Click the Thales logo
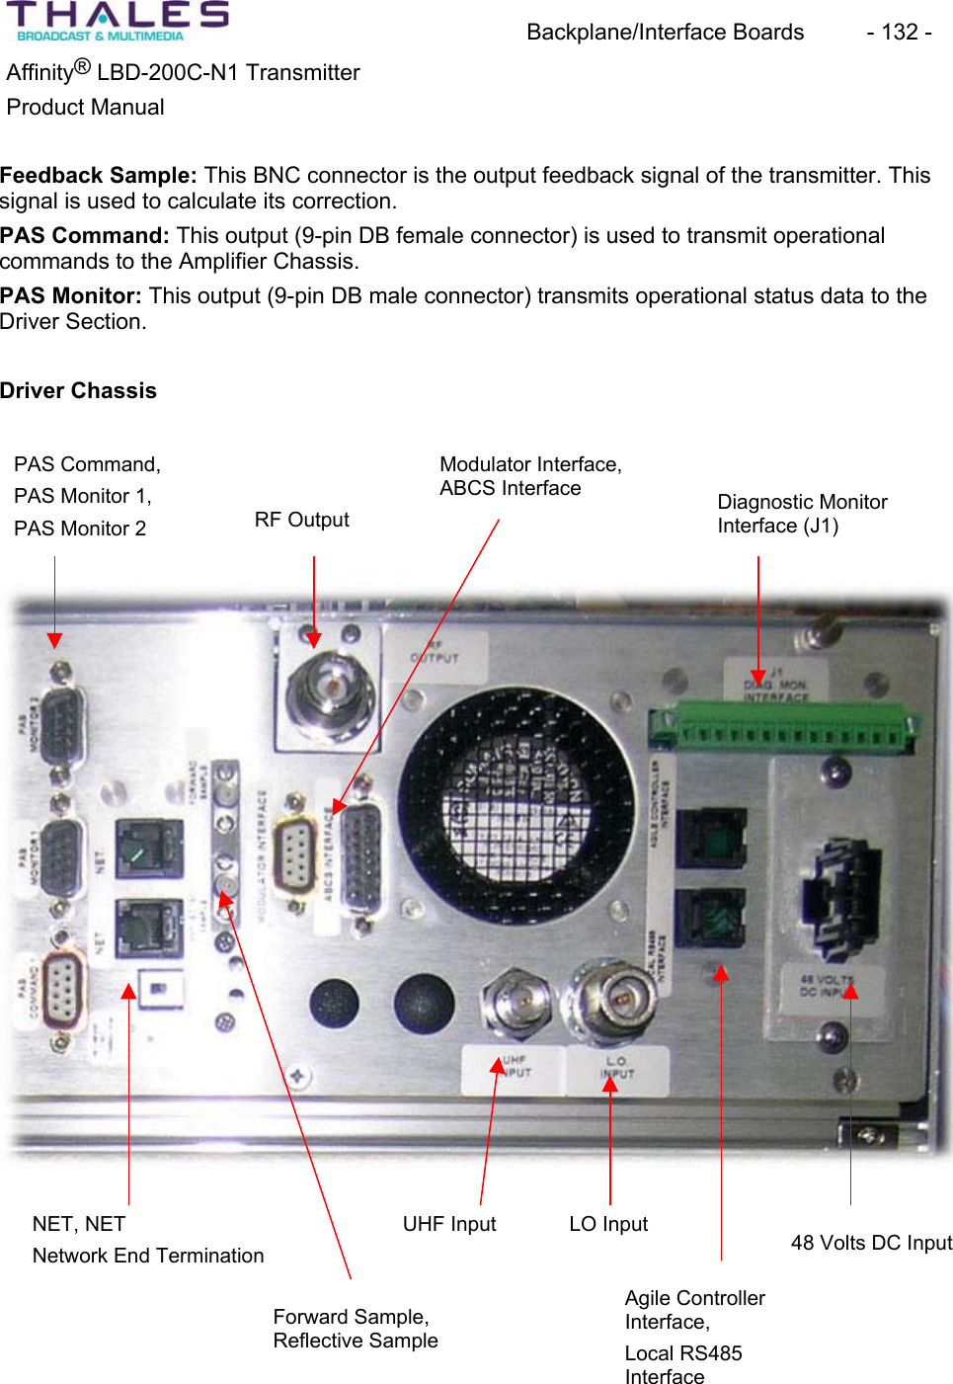(x=117, y=21)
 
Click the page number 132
(x=899, y=33)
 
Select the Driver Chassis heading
(x=78, y=390)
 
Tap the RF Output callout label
(x=301, y=520)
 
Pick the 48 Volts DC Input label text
(x=871, y=1243)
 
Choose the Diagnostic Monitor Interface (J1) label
(x=801, y=514)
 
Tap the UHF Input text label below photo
(x=448, y=1224)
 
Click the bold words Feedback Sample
(x=98, y=176)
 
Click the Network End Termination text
(x=148, y=1256)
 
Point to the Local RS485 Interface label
(x=682, y=1364)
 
